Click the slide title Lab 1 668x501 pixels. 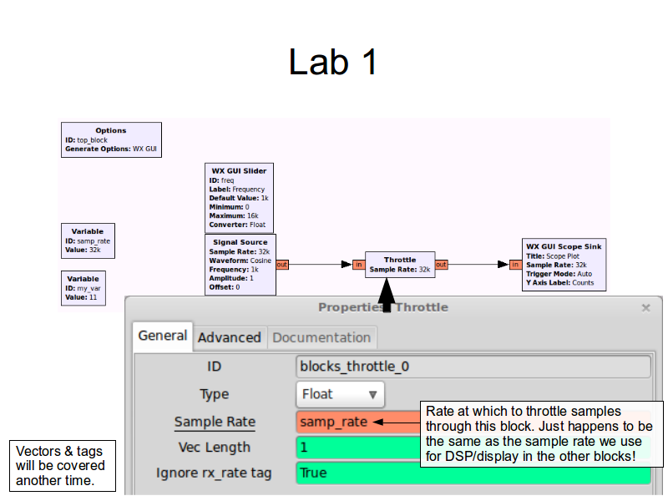tap(333, 63)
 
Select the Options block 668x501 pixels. tap(111, 140)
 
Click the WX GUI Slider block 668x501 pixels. tap(239, 198)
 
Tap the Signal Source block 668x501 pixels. tap(240, 265)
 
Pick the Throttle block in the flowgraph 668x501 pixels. tap(400, 265)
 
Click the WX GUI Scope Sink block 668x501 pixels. tap(564, 265)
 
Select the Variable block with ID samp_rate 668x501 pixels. tap(88, 240)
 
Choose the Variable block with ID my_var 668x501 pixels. tap(83, 288)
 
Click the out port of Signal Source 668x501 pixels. tap(282, 265)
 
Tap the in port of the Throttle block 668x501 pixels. tap(358, 265)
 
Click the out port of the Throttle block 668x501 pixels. tap(441, 265)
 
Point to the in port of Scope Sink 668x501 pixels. tap(515, 265)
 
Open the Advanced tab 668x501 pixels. tap(230, 337)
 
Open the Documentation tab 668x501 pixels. tap(321, 337)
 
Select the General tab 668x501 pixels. tap(162, 336)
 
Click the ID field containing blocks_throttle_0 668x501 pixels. tap(473, 367)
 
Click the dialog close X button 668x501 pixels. tap(645, 307)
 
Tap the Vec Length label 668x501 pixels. tap(215, 448)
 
